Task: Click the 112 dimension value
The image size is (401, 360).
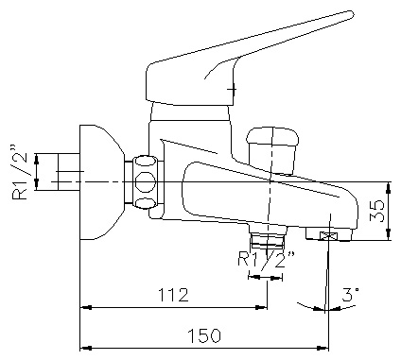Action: (173, 295)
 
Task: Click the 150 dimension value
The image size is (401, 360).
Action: (204, 335)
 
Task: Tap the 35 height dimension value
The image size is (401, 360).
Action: (377, 211)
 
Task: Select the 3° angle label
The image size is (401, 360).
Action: (350, 295)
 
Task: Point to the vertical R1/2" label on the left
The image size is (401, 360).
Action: (20, 172)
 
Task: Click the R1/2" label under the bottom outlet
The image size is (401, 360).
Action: (267, 259)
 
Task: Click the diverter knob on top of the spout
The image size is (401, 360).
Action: (272, 150)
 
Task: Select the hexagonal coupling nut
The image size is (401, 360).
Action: (145, 181)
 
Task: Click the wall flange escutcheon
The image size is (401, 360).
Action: (101, 182)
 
